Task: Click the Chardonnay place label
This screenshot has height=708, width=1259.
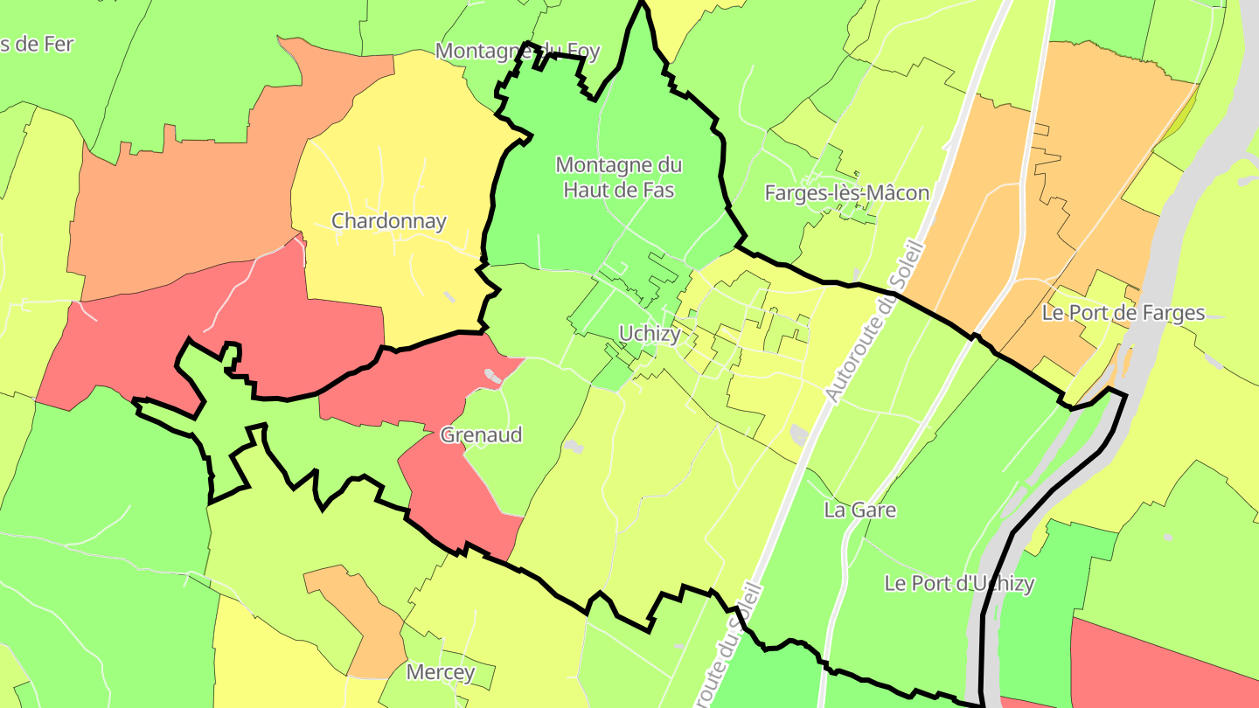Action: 388,221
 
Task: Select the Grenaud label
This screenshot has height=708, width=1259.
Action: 481,434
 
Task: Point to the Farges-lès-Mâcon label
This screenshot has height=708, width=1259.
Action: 846,193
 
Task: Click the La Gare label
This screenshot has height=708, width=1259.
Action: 860,510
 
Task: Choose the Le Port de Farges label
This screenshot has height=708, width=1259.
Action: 1123,313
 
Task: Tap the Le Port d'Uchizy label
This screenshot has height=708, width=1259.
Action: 959,583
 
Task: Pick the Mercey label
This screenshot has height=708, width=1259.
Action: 441,672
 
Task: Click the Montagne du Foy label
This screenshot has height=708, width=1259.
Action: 518,51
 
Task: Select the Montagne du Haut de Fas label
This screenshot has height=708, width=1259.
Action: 619,177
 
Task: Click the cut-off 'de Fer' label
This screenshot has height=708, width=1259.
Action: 35,44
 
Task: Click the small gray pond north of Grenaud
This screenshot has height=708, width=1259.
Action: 492,377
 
